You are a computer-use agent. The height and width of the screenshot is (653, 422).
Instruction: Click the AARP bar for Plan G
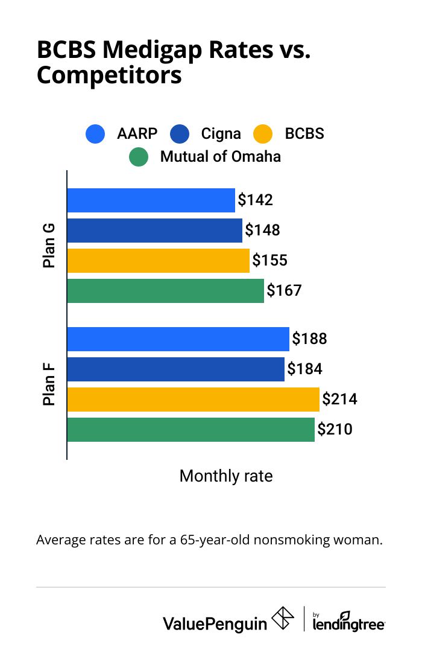coord(151,200)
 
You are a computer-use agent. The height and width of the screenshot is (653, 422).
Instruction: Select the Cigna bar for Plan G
coord(154,231)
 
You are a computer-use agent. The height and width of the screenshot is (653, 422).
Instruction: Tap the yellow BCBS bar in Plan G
coord(158,261)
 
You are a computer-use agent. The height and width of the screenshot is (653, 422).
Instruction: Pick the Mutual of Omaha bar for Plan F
coord(191,430)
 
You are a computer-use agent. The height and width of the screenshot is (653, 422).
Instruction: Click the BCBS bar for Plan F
coord(193,400)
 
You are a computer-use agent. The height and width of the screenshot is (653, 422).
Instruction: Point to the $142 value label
coord(255,200)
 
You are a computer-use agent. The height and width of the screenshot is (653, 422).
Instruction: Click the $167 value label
coord(284,291)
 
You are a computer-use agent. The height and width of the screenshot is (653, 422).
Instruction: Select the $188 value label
coord(309,339)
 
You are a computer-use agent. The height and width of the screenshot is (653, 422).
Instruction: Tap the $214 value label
coord(339,400)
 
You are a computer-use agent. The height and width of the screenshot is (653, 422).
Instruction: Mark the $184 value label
coord(304,369)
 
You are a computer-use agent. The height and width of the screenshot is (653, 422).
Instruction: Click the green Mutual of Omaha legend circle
coord(139,157)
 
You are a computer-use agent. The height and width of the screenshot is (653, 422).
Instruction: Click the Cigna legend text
coord(221,133)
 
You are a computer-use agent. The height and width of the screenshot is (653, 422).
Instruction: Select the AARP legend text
coord(138,133)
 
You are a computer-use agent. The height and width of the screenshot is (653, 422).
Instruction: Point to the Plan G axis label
coord(49,246)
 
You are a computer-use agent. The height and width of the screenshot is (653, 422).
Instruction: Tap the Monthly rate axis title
coord(226,476)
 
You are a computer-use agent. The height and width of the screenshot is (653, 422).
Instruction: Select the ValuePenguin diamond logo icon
coord(283,619)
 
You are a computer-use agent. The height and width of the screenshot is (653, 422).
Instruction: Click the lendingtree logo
coord(349,621)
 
